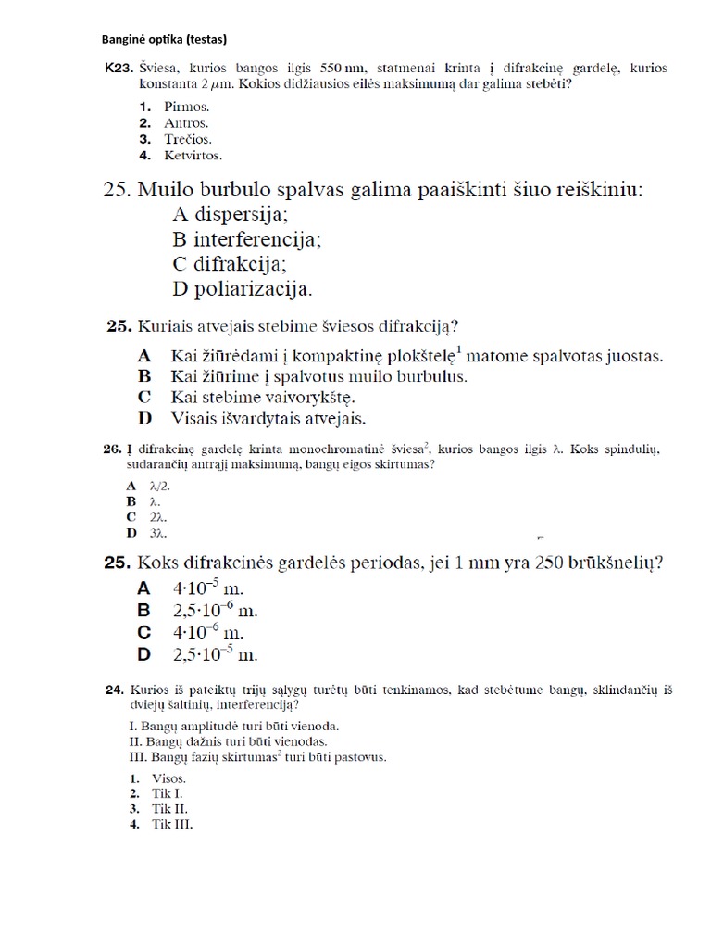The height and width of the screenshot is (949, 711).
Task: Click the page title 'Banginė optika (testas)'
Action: coord(164,39)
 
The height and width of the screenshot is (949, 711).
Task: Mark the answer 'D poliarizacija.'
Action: coord(243,288)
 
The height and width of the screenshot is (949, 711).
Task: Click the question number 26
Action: coord(112,449)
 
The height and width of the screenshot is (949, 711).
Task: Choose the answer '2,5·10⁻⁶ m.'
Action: coord(215,610)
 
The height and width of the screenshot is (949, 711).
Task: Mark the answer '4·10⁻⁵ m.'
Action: coord(208,588)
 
